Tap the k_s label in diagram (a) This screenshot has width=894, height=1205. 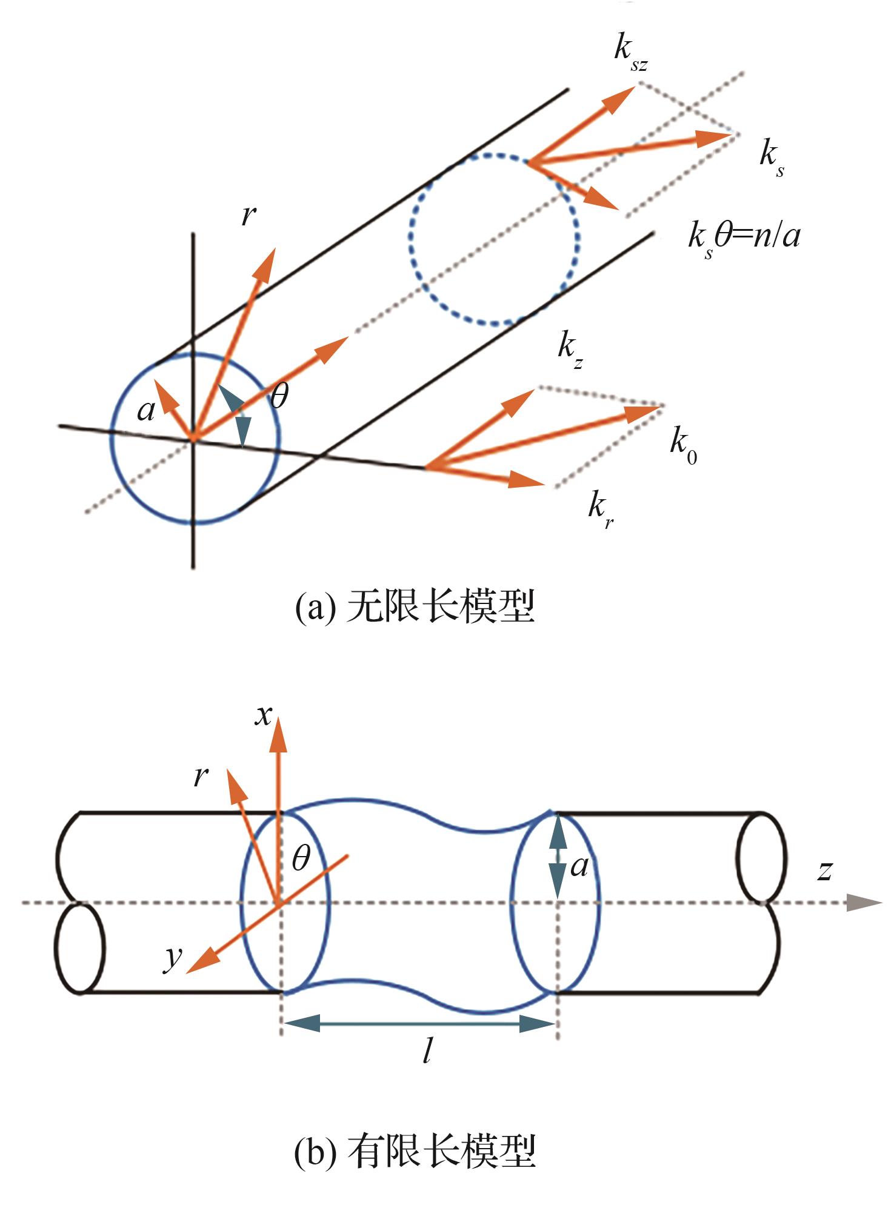772,158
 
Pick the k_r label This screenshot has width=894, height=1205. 601,510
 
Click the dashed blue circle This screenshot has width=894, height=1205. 494,239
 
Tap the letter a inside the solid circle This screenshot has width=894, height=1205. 146,411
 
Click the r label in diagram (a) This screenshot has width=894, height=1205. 248,215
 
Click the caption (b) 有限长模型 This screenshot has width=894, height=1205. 415,1152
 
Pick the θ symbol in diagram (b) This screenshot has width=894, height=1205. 301,859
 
